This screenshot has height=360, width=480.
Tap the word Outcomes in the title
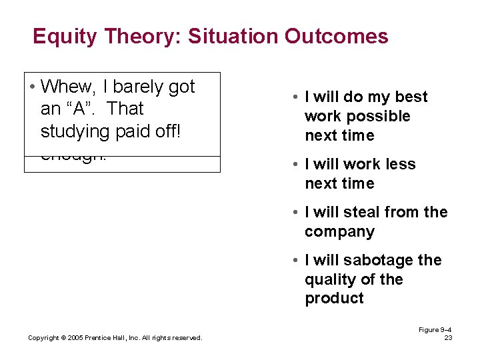336,36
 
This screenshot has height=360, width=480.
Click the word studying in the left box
74,131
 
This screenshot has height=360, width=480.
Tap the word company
339,232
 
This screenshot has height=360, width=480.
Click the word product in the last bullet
334,299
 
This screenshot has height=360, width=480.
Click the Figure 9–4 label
435,330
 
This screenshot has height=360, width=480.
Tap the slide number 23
448,338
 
